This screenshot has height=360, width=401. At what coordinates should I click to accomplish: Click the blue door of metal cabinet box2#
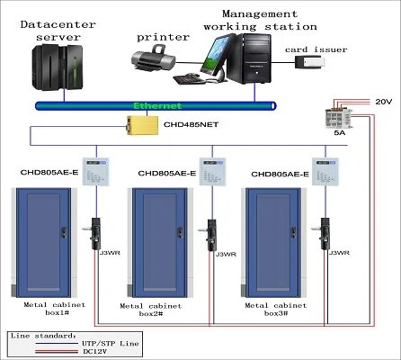(x=165, y=242)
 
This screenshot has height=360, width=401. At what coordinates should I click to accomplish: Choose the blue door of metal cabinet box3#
(x=281, y=242)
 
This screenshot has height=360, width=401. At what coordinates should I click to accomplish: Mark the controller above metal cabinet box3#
(x=323, y=171)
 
